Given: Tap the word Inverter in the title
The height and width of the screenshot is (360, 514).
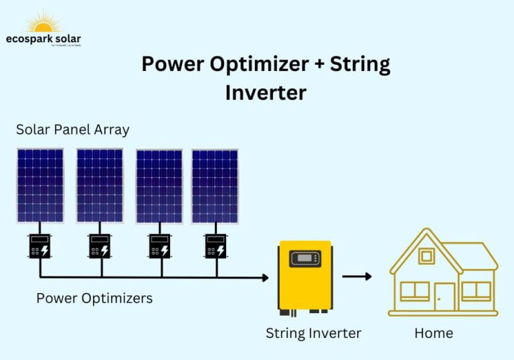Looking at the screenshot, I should (265, 92).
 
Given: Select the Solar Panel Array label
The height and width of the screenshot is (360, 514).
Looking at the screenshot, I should (72, 130).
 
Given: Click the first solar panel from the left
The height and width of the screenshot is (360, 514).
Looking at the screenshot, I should (40, 185).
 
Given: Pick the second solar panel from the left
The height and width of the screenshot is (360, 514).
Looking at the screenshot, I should (100, 185).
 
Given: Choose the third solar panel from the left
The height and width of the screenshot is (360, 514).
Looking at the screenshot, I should (159, 186).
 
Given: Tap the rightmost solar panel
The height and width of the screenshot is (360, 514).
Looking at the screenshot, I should (215, 186).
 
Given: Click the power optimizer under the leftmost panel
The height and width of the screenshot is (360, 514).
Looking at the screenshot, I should (39, 246).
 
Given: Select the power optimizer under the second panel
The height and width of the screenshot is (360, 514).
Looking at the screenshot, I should (100, 246).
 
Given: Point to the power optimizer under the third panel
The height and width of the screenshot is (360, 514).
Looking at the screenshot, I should (159, 246).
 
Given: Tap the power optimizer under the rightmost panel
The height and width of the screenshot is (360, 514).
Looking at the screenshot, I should (215, 246).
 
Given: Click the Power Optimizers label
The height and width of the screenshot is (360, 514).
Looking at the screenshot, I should (94, 298).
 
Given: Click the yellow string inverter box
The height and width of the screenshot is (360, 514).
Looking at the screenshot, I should (305, 276).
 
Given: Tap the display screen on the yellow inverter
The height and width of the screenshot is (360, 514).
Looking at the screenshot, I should (305, 258).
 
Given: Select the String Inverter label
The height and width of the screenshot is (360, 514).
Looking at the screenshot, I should (313, 333).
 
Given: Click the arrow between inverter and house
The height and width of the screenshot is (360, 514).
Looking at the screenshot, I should (357, 276).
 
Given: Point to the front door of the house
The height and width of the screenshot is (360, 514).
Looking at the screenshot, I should (444, 296).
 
